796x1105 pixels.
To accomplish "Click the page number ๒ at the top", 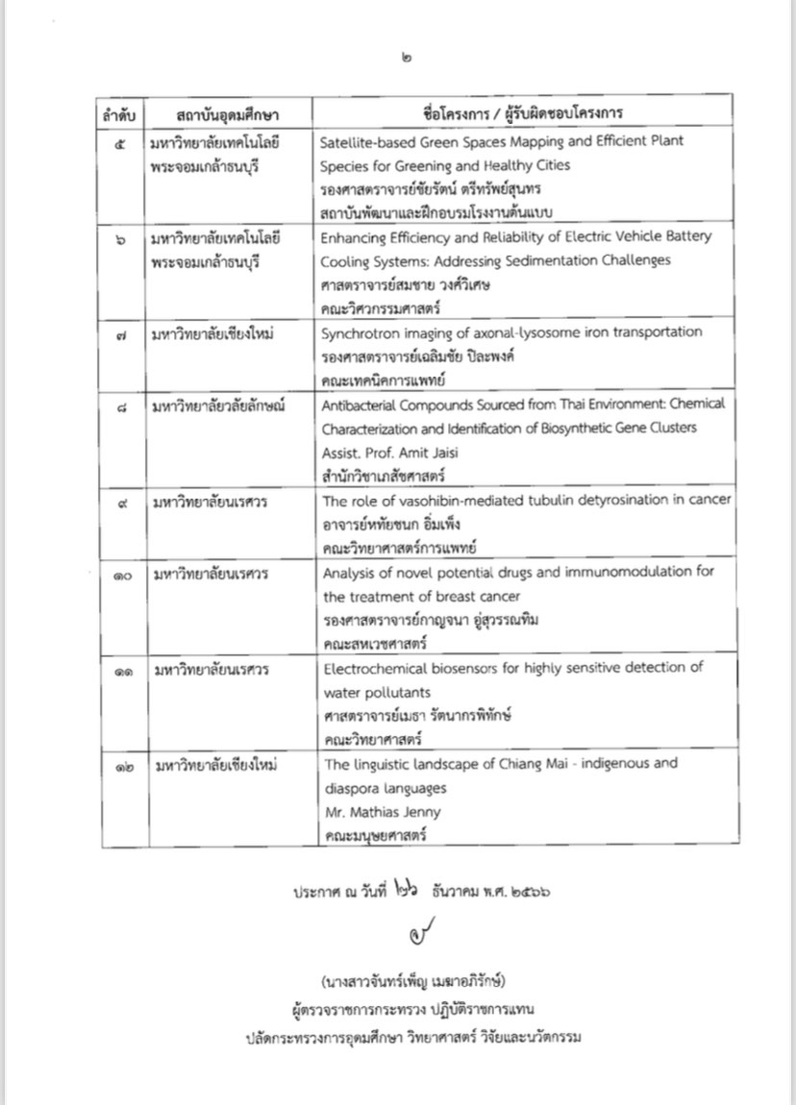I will point(410,59).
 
